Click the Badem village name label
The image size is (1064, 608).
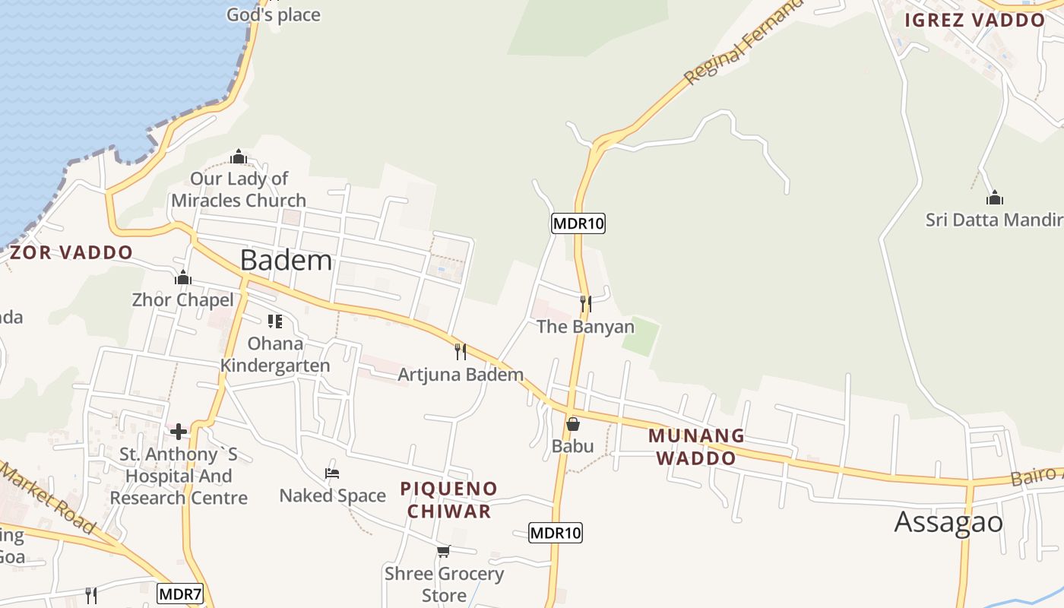coord(286,261)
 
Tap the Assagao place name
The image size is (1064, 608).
coord(948,522)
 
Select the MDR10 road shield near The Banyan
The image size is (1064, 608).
coord(578,223)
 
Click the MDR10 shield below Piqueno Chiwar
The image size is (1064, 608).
coord(556,533)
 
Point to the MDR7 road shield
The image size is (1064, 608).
coord(179,594)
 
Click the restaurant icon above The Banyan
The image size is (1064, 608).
coord(585,304)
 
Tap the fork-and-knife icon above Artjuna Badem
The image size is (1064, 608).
coord(460,351)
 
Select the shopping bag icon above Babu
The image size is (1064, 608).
coord(573,423)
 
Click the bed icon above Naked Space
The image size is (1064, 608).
coord(332,473)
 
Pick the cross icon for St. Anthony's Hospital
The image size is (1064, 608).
coord(179,432)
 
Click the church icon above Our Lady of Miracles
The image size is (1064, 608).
coord(239,157)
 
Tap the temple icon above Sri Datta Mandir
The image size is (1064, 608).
coord(995,198)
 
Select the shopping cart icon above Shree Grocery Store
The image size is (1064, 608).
coord(443,551)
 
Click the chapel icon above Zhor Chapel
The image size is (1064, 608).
coord(182,277)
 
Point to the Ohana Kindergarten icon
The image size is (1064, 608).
coord(274,321)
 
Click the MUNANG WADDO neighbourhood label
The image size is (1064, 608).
coord(696,447)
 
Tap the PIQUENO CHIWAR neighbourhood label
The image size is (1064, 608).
coord(448,499)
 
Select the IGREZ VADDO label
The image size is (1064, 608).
coord(974,21)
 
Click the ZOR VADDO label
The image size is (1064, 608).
coord(71,252)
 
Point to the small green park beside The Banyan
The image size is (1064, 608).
coord(640,337)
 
